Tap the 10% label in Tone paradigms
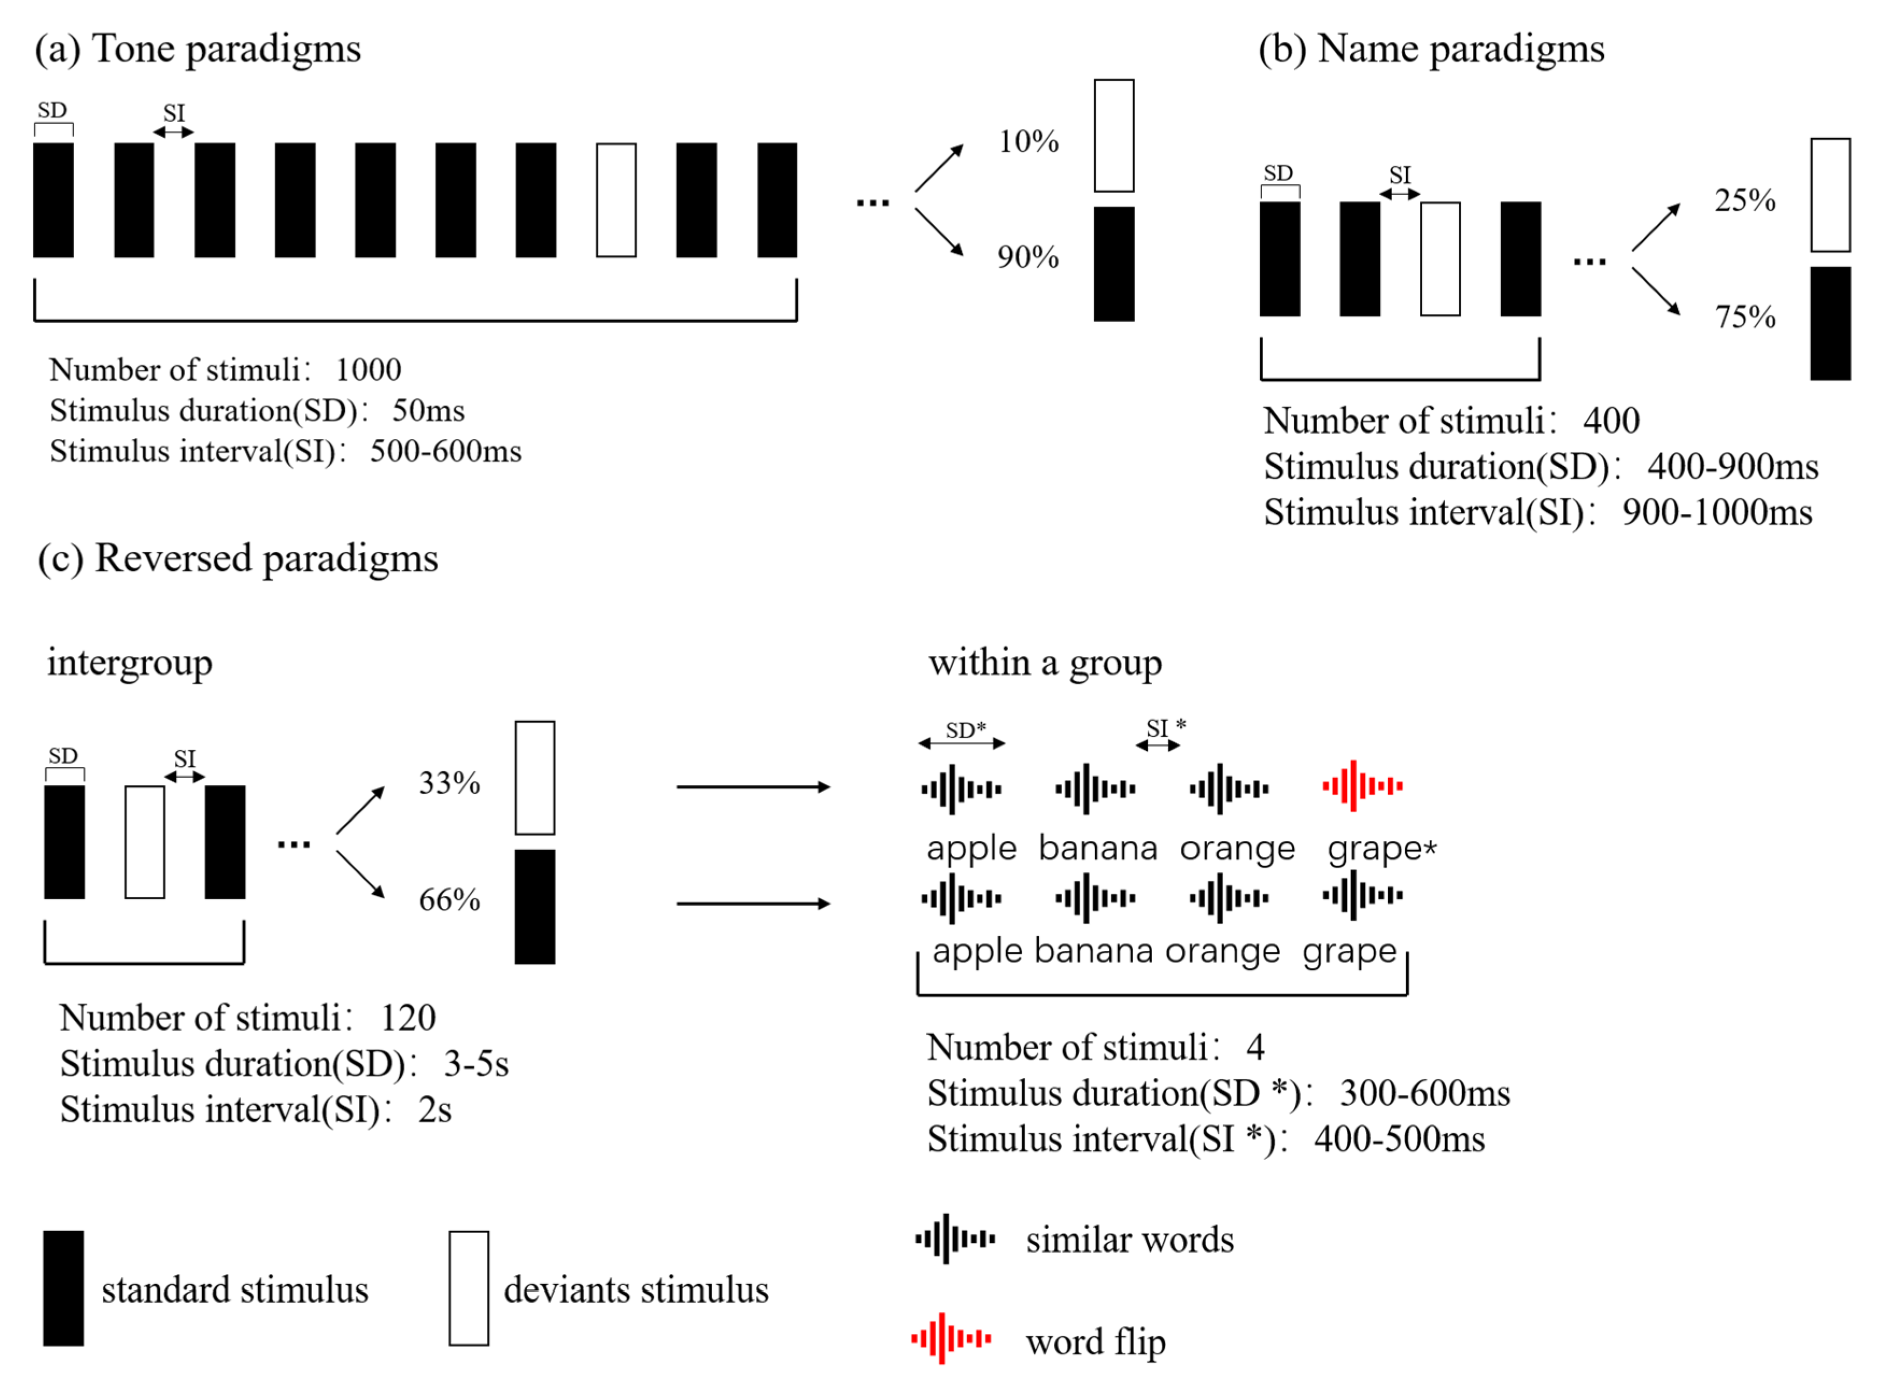(x=1028, y=141)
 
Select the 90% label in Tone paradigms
(x=1028, y=257)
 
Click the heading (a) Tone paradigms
(x=198, y=49)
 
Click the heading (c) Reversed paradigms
(x=238, y=558)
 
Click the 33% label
(x=449, y=784)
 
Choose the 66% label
(x=449, y=900)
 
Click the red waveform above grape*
(x=1362, y=786)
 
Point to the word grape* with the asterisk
(x=1381, y=849)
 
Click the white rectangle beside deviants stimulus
(x=469, y=1288)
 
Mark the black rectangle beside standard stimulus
(x=64, y=1288)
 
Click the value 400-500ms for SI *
(x=1399, y=1139)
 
